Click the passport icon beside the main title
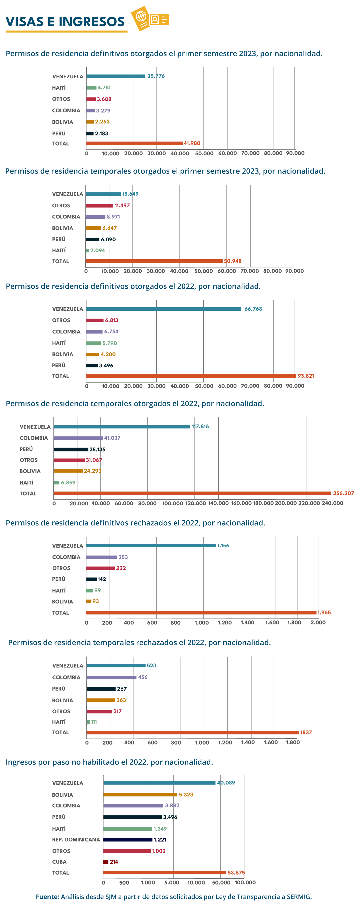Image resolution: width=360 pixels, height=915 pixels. click(x=149, y=18)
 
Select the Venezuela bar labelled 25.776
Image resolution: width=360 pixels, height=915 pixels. click(x=115, y=76)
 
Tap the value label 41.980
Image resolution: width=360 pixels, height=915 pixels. click(x=192, y=143)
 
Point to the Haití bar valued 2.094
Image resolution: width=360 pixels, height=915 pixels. click(x=87, y=250)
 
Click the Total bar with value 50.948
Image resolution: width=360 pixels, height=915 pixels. click(x=154, y=261)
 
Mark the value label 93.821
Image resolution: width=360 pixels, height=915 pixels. click(x=306, y=376)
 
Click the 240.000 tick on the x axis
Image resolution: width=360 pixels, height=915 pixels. click(x=332, y=503)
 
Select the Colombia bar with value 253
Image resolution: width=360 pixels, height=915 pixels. click(x=102, y=557)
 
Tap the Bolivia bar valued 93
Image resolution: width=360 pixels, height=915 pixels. click(x=89, y=601)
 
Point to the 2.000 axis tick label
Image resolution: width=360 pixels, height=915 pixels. click(x=318, y=622)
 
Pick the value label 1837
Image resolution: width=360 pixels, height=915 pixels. click(x=306, y=733)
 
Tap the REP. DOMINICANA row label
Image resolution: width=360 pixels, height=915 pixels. click(x=76, y=839)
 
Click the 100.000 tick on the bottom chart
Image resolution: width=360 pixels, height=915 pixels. click(x=245, y=882)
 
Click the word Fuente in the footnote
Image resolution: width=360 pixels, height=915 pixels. click(x=47, y=897)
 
